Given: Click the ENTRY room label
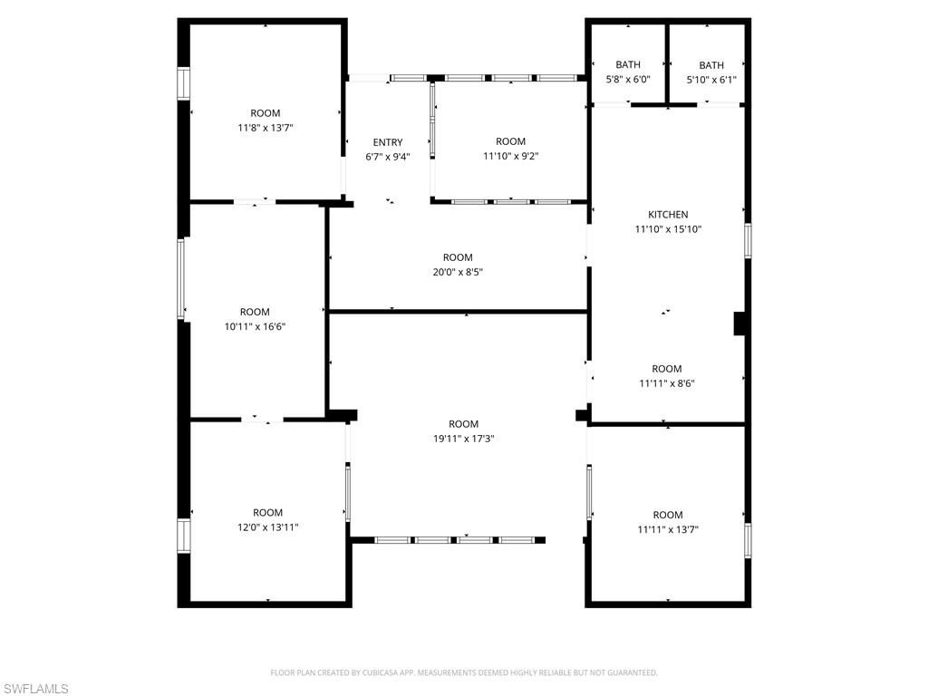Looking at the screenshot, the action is click(x=388, y=142).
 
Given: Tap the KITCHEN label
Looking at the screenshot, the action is click(x=668, y=214).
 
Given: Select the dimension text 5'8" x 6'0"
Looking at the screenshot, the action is click(x=628, y=79).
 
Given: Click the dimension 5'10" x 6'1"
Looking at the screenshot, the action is click(x=711, y=80).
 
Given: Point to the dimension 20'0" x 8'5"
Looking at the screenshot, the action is click(x=458, y=272).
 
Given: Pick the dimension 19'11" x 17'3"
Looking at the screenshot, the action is click(x=463, y=439).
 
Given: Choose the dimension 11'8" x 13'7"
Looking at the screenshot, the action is click(x=266, y=127).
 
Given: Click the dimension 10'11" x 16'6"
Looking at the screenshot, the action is click(x=255, y=326).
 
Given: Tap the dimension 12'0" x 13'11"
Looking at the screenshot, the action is click(x=267, y=527).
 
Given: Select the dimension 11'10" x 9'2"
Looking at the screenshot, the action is click(x=511, y=156).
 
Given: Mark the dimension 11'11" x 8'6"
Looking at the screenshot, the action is click(x=667, y=383).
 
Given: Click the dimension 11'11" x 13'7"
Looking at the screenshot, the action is click(x=668, y=529).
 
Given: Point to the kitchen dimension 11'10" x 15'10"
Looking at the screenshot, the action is click(x=668, y=229).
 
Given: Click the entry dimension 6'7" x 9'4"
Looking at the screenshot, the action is click(x=388, y=157).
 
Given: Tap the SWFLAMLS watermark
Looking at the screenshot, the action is click(x=34, y=689).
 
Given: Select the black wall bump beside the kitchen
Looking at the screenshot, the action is click(x=739, y=324).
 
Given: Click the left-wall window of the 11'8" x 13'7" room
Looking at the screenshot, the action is click(x=183, y=83).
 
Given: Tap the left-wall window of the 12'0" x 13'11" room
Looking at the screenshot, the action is click(x=183, y=536).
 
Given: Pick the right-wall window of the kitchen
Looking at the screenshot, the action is click(x=748, y=240).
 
